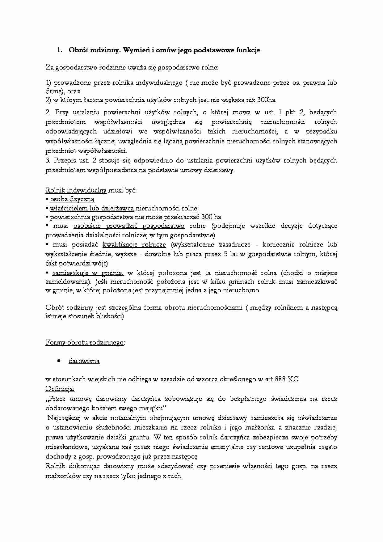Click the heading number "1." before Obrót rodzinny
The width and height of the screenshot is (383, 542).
pos(60,50)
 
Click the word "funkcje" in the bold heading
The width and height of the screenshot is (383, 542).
pos(248,50)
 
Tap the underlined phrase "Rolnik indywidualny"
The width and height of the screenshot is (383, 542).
pos(76,190)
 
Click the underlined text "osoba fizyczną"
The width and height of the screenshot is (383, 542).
pos(72,200)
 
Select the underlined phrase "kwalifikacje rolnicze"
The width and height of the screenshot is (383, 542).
pos(134,245)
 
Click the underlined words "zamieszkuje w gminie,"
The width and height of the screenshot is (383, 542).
pos(88,273)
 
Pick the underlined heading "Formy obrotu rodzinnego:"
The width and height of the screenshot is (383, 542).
pos(85,343)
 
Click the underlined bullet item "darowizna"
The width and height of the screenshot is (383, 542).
pos(84,361)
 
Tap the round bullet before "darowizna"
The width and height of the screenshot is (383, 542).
pos(59,361)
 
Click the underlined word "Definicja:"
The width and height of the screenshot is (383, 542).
pos(60,389)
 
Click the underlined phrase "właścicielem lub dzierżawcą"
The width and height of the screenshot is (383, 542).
pos(92,209)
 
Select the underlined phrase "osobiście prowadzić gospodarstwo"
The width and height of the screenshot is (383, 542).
pos(129,226)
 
